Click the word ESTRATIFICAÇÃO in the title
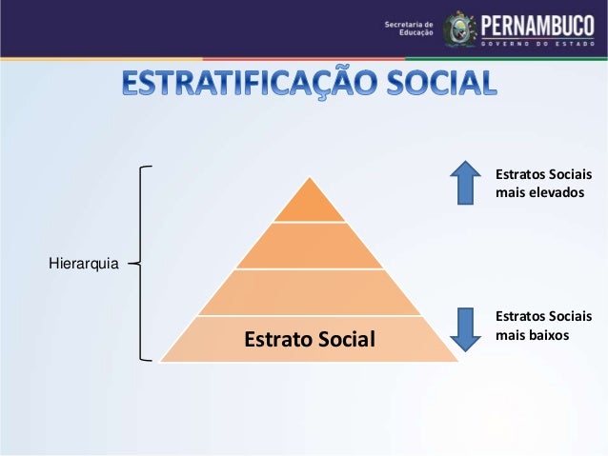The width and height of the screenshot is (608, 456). (x=245, y=83)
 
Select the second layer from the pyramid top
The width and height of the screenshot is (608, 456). (x=310, y=246)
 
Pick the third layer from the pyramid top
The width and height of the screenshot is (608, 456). (x=310, y=292)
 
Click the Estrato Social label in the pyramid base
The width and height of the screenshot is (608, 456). (x=310, y=339)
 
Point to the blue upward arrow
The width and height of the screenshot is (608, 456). (x=465, y=182)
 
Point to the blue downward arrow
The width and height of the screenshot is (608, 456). (x=465, y=328)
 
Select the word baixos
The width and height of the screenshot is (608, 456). (x=548, y=335)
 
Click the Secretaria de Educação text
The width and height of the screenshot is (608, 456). (x=409, y=29)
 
